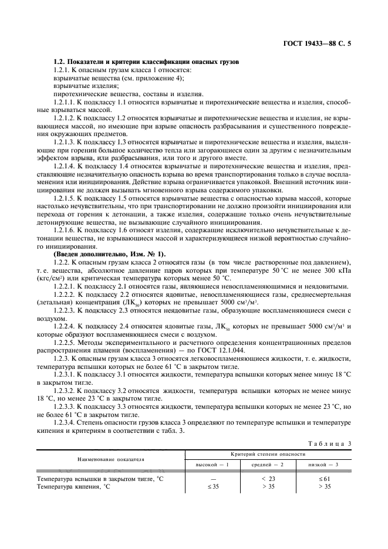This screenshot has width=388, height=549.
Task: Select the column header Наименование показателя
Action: click(111, 459)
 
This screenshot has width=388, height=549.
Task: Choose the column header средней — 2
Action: click(268, 465)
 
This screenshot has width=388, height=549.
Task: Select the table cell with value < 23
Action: click(268, 479)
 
